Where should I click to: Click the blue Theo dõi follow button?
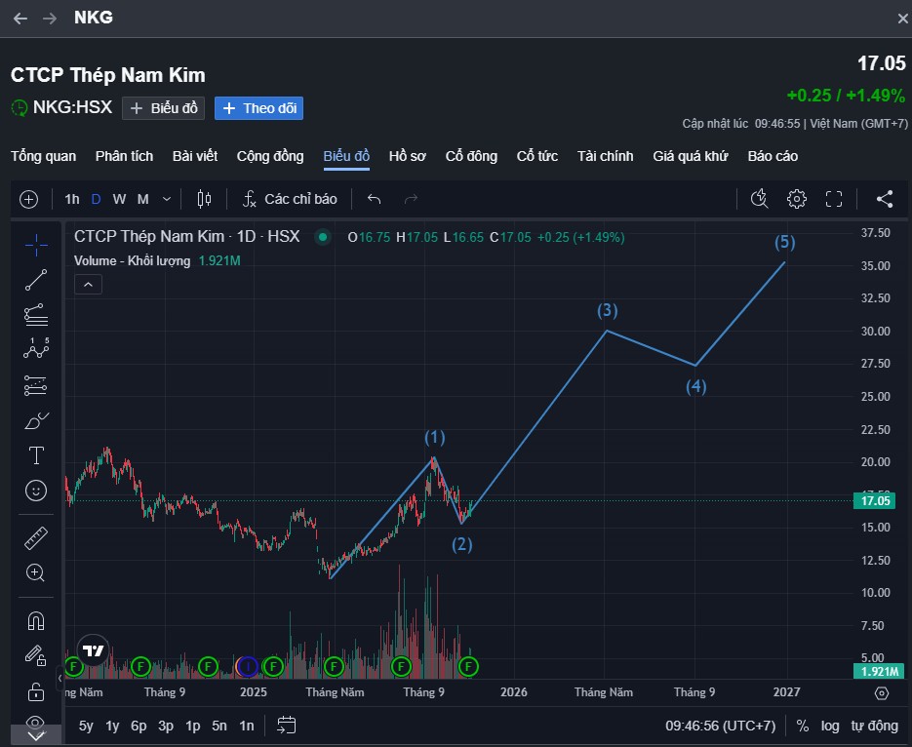[x=258, y=108]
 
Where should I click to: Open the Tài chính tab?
[x=605, y=156]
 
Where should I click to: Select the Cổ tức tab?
[x=536, y=156]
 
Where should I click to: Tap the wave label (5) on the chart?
[x=784, y=242]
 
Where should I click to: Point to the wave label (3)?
[x=608, y=310]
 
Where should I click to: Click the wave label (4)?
[x=695, y=386]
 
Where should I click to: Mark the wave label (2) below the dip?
[x=461, y=545]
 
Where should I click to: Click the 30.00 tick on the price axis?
[x=875, y=331]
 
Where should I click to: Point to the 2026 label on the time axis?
[x=514, y=691]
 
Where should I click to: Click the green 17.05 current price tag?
[x=875, y=500]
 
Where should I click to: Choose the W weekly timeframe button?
[x=119, y=199]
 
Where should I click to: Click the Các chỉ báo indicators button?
[x=290, y=199]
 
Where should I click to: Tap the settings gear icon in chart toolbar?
[x=796, y=199]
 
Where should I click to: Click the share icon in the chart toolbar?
[x=885, y=199]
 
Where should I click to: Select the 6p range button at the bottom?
[x=139, y=727]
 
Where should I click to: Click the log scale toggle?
[x=829, y=727]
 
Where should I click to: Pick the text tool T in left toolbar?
[x=36, y=455]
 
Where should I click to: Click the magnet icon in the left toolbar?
[x=36, y=621]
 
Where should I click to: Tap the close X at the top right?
[x=902, y=19]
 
